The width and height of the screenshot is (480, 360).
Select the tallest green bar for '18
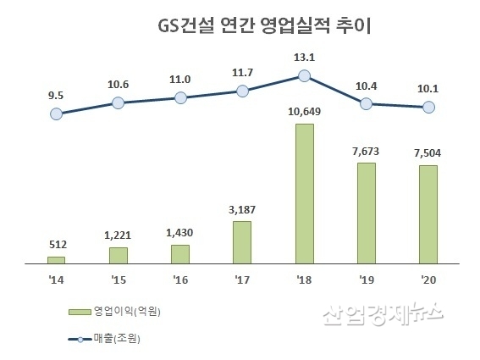pyautogui.click(x=305, y=194)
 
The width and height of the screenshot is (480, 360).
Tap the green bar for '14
pyautogui.click(x=56, y=259)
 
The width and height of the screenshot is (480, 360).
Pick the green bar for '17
pyautogui.click(x=242, y=242)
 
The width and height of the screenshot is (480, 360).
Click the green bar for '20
pyautogui.click(x=428, y=214)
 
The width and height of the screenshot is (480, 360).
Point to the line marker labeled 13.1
pyautogui.click(x=305, y=76)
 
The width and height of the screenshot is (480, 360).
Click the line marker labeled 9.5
pyautogui.click(x=56, y=114)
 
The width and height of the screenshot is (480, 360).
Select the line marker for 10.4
pyautogui.click(x=367, y=104)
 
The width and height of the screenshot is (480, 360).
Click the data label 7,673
pyautogui.click(x=367, y=151)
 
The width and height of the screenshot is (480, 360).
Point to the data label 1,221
pyautogui.click(x=119, y=235)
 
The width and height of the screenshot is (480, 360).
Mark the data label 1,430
pyautogui.click(x=180, y=233)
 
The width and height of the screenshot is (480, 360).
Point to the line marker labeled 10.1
pyautogui.click(x=429, y=107)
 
